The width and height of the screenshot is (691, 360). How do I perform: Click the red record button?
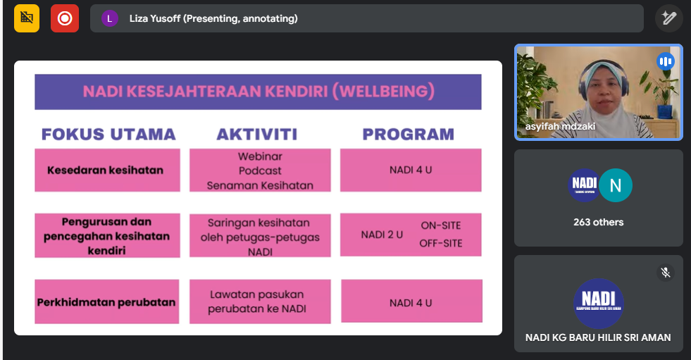click(65, 18)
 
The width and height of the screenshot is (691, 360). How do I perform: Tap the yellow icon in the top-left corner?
click(27, 18)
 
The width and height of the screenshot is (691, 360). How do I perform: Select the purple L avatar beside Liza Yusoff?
click(110, 18)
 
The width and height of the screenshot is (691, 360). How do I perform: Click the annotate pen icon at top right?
click(668, 18)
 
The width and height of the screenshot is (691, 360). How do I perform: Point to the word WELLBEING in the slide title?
click(384, 91)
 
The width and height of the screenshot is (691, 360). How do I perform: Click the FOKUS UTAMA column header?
click(108, 134)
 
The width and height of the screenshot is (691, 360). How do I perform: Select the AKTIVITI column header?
click(257, 134)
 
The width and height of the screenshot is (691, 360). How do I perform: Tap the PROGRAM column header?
click(408, 134)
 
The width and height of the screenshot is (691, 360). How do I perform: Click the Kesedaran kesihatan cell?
click(107, 170)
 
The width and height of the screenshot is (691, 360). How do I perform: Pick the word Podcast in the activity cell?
click(260, 170)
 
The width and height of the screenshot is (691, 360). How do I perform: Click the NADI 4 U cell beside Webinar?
click(411, 170)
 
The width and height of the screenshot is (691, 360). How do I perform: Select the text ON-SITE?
click(441, 225)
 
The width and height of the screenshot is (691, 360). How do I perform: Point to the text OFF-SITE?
click(441, 243)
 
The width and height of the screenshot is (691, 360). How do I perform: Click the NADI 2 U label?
click(382, 235)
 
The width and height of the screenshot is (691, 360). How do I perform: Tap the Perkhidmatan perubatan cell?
click(106, 302)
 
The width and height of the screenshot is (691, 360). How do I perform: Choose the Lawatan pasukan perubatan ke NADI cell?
click(260, 302)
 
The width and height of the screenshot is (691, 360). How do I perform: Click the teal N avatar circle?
click(616, 185)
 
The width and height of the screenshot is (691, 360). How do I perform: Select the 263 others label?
click(599, 222)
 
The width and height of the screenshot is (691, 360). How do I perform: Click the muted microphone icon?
click(666, 273)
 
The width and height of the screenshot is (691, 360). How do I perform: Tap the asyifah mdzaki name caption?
click(560, 127)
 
